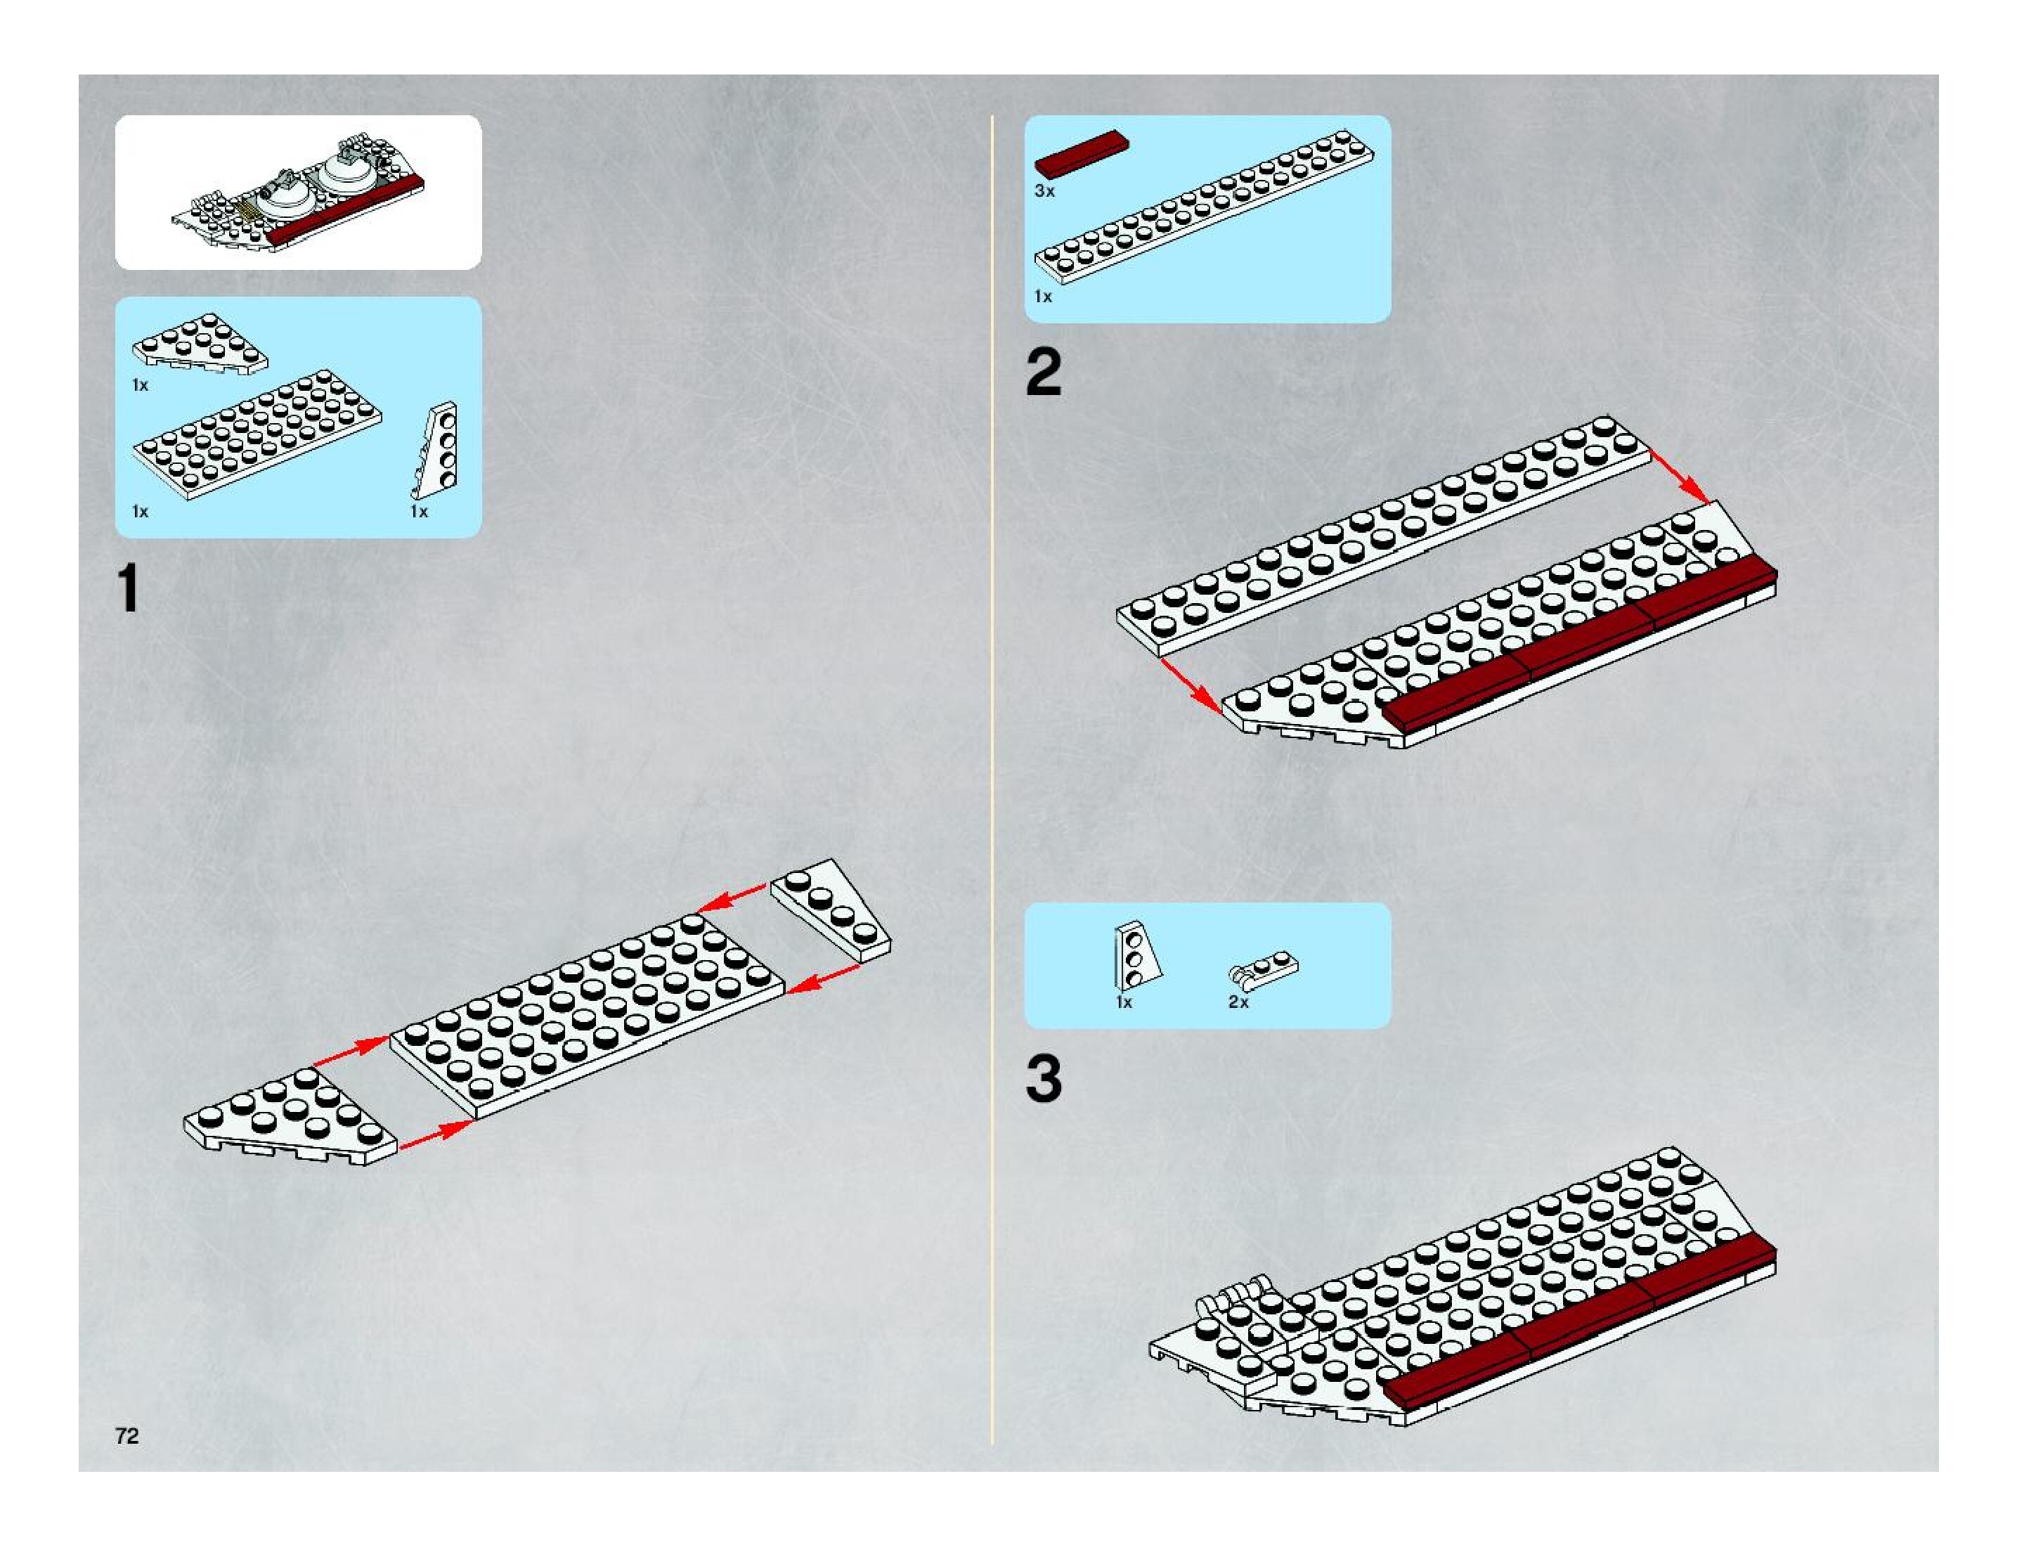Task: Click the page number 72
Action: [127, 1435]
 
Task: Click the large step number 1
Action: [129, 588]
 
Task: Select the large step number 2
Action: [1044, 373]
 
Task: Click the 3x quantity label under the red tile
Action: [1044, 191]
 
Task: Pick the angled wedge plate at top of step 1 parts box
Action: [200, 342]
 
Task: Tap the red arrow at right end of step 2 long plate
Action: [1680, 477]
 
